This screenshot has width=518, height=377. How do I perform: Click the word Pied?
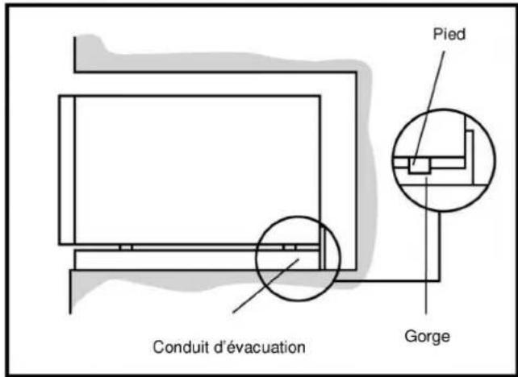[449, 35]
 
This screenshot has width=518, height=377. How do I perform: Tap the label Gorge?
[427, 337]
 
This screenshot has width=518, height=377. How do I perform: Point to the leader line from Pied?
[428, 107]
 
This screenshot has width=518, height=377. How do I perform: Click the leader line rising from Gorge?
[427, 246]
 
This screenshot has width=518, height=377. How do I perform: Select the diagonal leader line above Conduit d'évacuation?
[266, 286]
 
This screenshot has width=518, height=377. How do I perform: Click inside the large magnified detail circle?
[444, 142]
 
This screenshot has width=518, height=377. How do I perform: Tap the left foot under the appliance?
[126, 247]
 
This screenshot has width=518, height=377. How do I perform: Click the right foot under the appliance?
[290, 247]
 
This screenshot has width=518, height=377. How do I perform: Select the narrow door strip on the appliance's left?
[67, 170]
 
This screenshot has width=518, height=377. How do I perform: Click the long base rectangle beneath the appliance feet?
[197, 260]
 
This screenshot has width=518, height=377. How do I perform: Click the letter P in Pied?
[438, 35]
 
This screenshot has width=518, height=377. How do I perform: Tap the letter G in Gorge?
[411, 336]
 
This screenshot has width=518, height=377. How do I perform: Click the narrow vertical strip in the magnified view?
[470, 157]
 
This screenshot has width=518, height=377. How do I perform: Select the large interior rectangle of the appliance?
[198, 170]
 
